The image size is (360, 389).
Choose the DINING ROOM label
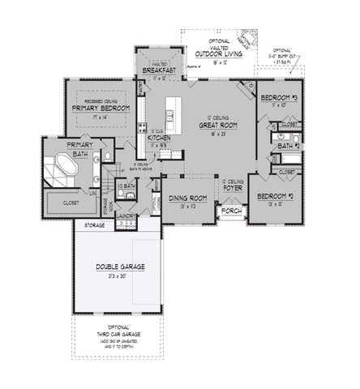click(x=187, y=198)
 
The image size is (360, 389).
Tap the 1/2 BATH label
click(x=126, y=185)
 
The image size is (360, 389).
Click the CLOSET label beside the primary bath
click(x=58, y=204)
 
